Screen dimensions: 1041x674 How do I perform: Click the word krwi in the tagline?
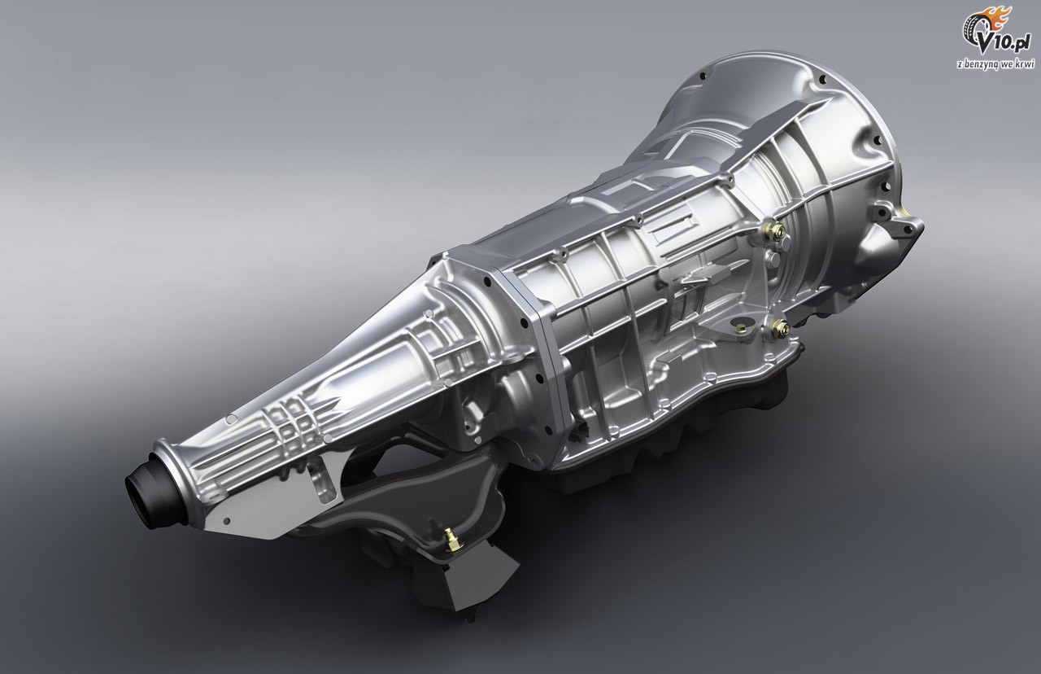click(x=1026, y=63)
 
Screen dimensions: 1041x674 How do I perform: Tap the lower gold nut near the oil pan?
click(x=778, y=328)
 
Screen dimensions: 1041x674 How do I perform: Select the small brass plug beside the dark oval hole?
click(x=743, y=327)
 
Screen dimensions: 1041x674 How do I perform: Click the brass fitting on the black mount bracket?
click(x=450, y=539)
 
